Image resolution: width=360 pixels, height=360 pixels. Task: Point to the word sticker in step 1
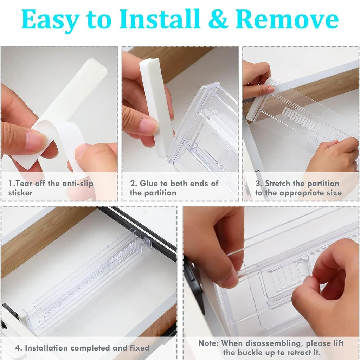[x=20, y=193]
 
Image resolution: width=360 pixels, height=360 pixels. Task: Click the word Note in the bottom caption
[x=208, y=343]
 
